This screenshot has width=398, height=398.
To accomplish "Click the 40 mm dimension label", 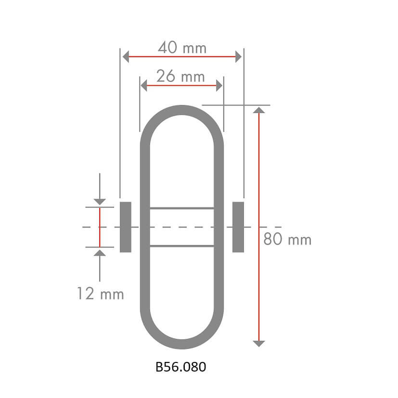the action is [x=182, y=48].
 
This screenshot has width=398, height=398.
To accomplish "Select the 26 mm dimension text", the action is [x=180, y=76].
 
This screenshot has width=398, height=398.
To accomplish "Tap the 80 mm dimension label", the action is [x=287, y=239].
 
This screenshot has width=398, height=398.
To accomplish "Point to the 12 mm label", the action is [x=101, y=294].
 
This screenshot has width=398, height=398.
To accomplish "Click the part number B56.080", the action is [x=181, y=367].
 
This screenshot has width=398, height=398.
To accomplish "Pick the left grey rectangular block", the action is [x=126, y=227].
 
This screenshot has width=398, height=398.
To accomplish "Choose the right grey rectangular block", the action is [x=238, y=227].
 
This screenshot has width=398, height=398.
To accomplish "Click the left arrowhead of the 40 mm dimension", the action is [x=126, y=56].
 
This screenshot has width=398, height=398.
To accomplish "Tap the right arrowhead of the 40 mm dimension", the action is [x=238, y=56].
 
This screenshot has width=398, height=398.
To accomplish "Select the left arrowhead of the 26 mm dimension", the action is [x=144, y=85].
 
